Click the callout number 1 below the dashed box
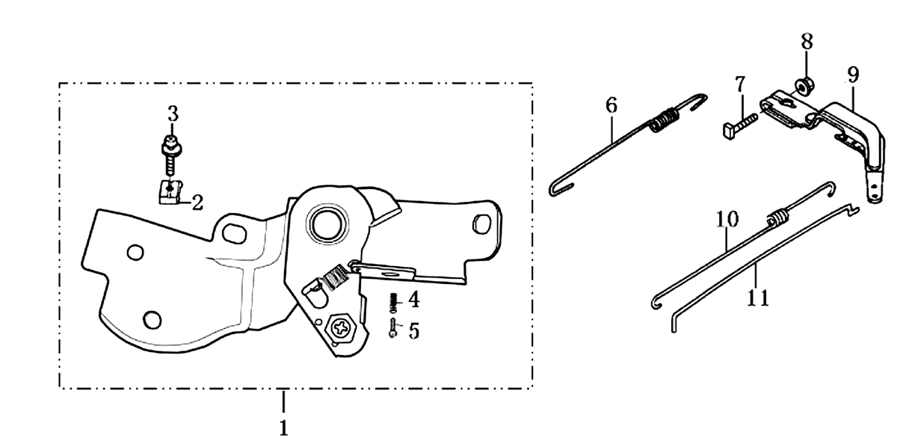tap(283, 428)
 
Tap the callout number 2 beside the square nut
tap(197, 203)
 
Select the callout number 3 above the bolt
tap(173, 114)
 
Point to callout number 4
tap(414, 300)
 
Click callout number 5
tap(414, 331)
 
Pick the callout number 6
tap(612, 105)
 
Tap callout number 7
tap(740, 84)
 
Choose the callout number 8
tap(807, 42)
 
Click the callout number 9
tap(853, 75)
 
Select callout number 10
tap(727, 219)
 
